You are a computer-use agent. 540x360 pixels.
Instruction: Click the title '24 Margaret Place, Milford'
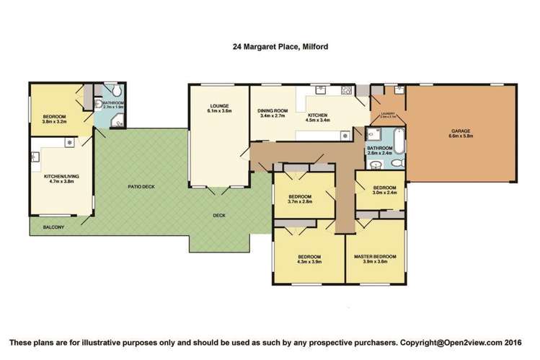[270, 48]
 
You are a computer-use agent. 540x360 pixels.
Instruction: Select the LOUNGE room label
[219, 106]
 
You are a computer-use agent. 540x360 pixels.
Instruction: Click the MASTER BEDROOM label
[375, 257]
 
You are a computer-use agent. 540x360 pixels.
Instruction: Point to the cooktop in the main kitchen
[345, 135]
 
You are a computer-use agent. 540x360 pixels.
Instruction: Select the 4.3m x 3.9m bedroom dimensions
[311, 263]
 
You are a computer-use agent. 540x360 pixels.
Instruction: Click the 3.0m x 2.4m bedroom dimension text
[384, 193]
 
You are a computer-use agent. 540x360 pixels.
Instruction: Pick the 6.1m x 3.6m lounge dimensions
[219, 112]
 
